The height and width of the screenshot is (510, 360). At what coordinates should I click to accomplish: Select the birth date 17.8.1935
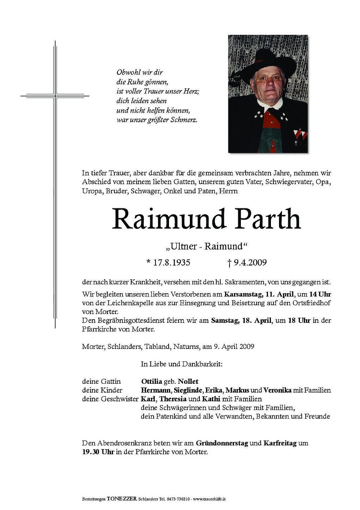click(172, 262)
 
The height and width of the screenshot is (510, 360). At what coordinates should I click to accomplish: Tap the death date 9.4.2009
click(250, 262)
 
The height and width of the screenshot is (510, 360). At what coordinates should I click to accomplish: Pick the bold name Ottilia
click(151, 382)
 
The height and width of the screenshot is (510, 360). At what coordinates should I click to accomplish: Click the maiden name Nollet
click(189, 382)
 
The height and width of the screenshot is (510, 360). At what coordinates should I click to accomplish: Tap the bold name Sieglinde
click(188, 390)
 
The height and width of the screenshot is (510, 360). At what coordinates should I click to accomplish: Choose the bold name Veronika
click(277, 390)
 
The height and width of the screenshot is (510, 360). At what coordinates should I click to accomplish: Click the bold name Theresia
click(173, 399)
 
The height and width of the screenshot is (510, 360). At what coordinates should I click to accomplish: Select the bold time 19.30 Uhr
click(98, 452)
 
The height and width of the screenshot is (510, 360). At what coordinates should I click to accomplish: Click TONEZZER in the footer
click(122, 499)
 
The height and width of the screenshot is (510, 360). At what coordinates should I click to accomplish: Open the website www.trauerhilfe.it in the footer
click(209, 499)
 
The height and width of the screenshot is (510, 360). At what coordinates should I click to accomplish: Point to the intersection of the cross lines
click(55, 96)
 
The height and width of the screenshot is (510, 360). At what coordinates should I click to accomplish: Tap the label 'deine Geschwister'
click(110, 399)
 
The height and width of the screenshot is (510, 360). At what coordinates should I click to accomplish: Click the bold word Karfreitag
click(280, 443)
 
